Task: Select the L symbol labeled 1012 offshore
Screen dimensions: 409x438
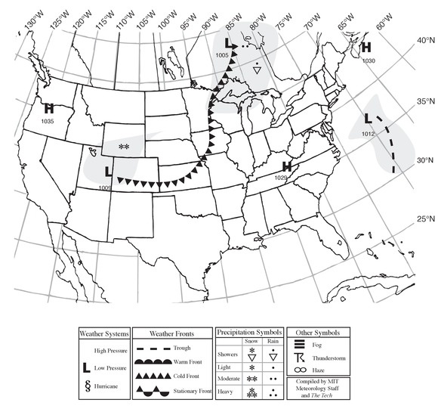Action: pos(368,119)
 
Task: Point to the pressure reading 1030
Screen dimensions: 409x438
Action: pos(369,60)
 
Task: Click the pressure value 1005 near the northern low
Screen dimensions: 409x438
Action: pos(222,56)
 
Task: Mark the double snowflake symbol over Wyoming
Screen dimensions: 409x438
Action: pos(124,146)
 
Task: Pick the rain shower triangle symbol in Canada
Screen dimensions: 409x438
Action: pos(258,70)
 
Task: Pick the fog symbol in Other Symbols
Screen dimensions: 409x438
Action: pos(299,345)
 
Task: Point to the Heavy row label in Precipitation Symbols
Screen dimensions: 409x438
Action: pos(227,390)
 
